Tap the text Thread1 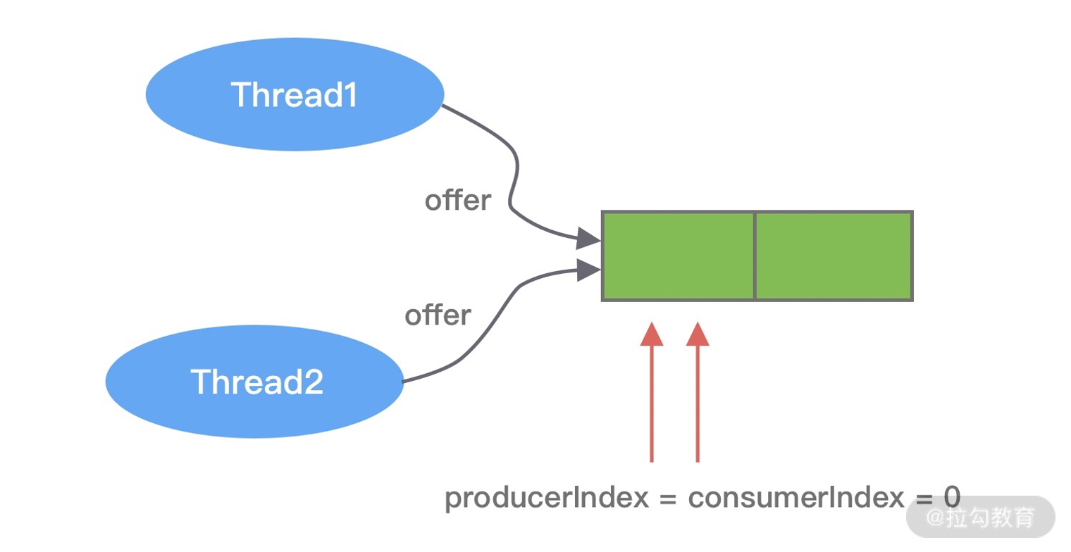(295, 95)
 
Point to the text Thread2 (256, 382)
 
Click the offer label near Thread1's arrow (458, 201)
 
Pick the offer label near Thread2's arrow (438, 315)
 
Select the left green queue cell (679, 256)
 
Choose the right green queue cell (834, 256)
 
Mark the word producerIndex (546, 498)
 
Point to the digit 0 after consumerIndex (951, 498)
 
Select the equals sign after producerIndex (668, 498)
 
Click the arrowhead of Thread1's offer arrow (588, 239)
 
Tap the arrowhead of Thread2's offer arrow (588, 270)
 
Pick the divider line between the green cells (755, 256)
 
